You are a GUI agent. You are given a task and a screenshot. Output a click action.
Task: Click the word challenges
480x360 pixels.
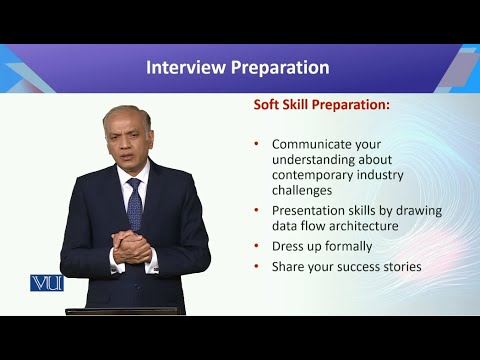306,189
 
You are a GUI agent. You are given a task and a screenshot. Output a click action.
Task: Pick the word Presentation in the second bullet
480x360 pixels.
310,211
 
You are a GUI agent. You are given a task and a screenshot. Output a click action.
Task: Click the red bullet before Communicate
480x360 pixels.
257,143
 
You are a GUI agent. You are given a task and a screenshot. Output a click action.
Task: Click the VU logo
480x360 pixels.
47,282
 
